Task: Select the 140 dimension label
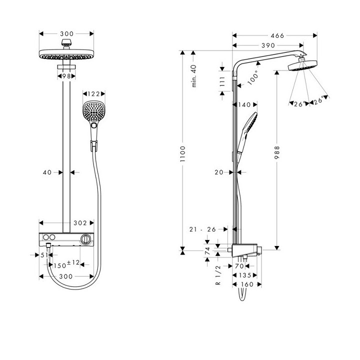click(x=244, y=105)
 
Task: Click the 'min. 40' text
click(x=194, y=76)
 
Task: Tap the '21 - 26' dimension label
click(x=203, y=229)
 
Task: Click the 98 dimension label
click(x=66, y=76)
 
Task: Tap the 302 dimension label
click(x=80, y=223)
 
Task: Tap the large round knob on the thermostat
click(x=86, y=238)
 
